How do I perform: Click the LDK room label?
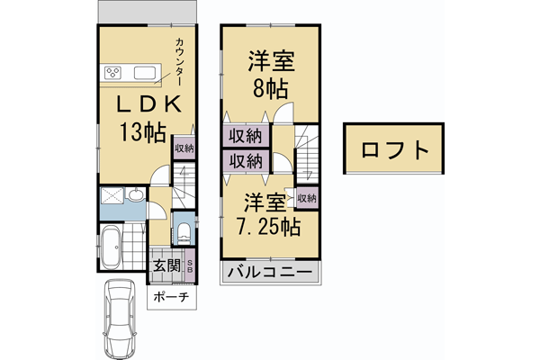tap(148, 103)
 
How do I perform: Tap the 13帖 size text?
tap(144, 132)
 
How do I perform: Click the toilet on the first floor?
tap(183, 233)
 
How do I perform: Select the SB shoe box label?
tap(189, 266)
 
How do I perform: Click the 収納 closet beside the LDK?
tap(184, 149)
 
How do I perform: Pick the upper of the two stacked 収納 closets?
tap(244, 137)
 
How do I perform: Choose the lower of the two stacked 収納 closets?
tap(244, 162)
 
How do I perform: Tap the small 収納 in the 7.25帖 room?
tap(307, 198)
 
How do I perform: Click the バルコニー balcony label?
tap(269, 273)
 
